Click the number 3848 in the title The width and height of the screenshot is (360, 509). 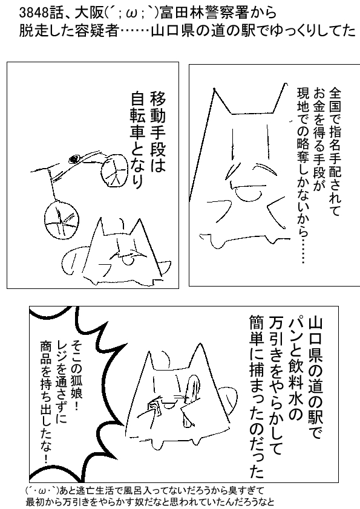[x=30, y=13]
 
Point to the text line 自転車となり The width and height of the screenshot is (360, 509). [x=139, y=140]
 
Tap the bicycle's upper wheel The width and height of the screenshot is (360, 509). [x=114, y=170]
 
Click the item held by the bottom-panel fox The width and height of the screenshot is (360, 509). [x=155, y=407]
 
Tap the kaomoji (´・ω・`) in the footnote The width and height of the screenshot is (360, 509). [x=42, y=490]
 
